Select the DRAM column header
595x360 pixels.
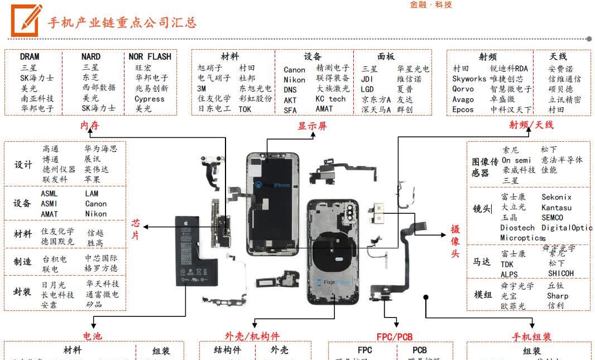pyautogui.click(x=30, y=56)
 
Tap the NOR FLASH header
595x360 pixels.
pyautogui.click(x=150, y=56)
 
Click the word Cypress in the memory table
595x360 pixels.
pyautogui.click(x=150, y=99)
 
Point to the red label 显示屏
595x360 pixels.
pyautogui.click(x=312, y=126)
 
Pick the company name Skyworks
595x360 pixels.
pyautogui.click(x=469, y=79)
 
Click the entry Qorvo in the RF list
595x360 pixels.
pyautogui.click(x=463, y=89)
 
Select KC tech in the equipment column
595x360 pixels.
pyautogui.click(x=330, y=99)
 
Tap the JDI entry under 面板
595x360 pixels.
pyautogui.click(x=367, y=79)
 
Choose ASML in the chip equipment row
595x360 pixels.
pyautogui.click(x=49, y=193)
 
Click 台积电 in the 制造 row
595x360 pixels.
pyautogui.click(x=55, y=259)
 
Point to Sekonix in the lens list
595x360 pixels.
pyautogui.click(x=556, y=197)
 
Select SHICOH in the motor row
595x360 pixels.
pyautogui.click(x=560, y=273)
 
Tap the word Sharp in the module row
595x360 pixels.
pyautogui.click(x=558, y=296)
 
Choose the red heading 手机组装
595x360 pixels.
pyautogui.click(x=531, y=337)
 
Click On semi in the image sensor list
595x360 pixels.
pyautogui.click(x=516, y=160)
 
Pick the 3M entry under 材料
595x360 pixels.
pyautogui.click(x=201, y=88)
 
